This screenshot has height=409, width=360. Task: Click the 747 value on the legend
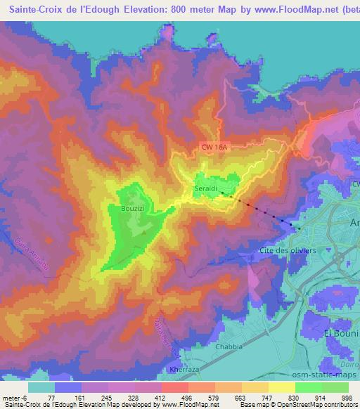pos(256,397)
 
